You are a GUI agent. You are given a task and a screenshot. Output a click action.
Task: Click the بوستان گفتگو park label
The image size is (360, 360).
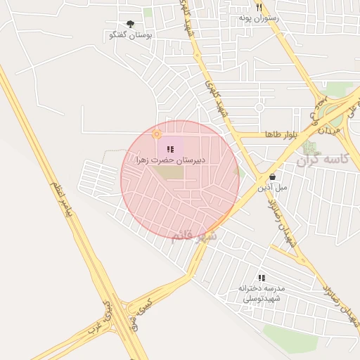(x=132, y=34)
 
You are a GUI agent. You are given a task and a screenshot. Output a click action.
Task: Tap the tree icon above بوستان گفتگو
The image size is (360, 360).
(x=130, y=24)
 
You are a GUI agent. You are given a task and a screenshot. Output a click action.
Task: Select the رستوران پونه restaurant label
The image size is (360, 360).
(x=259, y=17)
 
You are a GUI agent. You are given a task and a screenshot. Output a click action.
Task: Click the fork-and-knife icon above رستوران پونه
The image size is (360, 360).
(x=259, y=6)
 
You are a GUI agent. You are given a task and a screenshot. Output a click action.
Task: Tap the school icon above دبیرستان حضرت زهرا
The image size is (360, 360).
(x=170, y=148)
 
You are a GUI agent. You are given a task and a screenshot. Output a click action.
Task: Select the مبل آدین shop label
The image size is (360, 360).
(x=271, y=188)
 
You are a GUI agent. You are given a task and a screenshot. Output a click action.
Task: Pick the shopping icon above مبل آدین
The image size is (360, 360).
(x=271, y=176)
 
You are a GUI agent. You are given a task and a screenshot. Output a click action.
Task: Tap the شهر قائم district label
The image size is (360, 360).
(x=194, y=235)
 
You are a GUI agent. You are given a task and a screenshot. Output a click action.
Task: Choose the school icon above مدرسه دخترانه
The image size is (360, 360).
(x=262, y=278)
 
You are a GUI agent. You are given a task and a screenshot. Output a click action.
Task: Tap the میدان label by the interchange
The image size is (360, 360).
(x=328, y=127)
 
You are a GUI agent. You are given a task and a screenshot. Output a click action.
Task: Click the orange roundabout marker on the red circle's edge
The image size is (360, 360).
(x=157, y=134)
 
